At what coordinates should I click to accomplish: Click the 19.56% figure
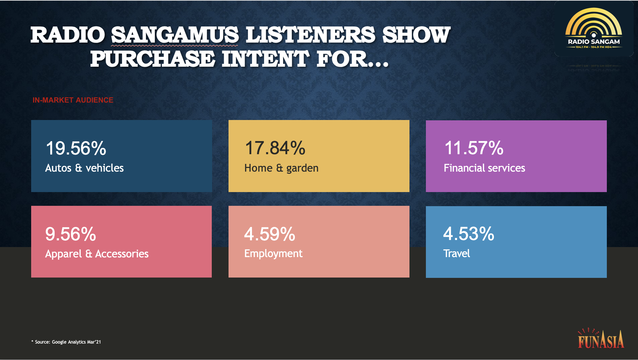pyautogui.click(x=76, y=148)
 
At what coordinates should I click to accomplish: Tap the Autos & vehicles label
pyautogui.click(x=84, y=168)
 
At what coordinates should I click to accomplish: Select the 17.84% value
pyautogui.click(x=275, y=148)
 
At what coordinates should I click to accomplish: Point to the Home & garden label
pyautogui.click(x=281, y=168)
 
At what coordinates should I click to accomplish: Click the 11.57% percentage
pyautogui.click(x=474, y=148)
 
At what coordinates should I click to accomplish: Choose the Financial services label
pyautogui.click(x=485, y=168)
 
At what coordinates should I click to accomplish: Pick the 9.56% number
pyautogui.click(x=71, y=234)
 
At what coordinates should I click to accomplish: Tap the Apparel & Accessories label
pyautogui.click(x=97, y=254)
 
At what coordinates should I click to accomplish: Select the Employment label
pyautogui.click(x=273, y=253)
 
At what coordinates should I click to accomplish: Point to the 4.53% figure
pyautogui.click(x=469, y=234)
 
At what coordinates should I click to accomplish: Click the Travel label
pyautogui.click(x=457, y=253)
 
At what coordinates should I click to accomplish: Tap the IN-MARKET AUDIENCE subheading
pyautogui.click(x=73, y=100)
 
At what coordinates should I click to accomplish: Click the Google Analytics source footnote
pyautogui.click(x=66, y=342)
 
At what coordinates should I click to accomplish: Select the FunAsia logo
pyautogui.click(x=601, y=339)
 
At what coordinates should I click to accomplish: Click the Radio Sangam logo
pyautogui.click(x=594, y=28)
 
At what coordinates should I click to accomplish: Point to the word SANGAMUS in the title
pyautogui.click(x=175, y=35)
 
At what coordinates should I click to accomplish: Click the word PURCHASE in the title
pyautogui.click(x=152, y=59)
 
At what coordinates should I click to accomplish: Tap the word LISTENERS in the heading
pyautogui.click(x=311, y=35)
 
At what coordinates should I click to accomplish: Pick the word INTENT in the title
pyautogui.click(x=265, y=59)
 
